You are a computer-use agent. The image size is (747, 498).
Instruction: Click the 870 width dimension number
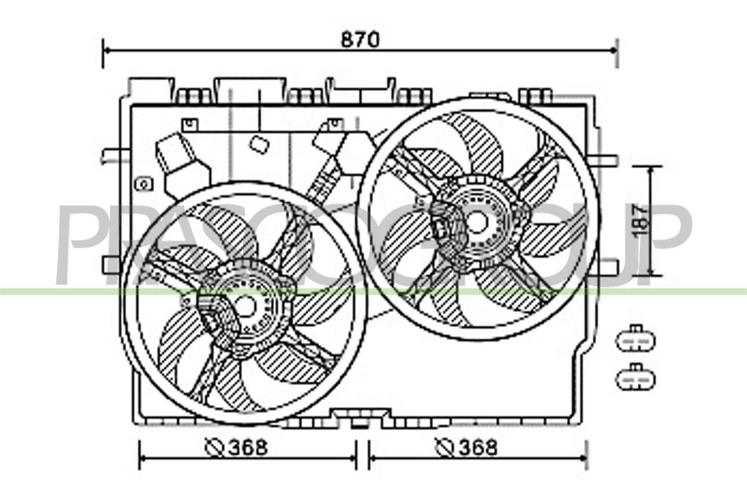click(x=360, y=40)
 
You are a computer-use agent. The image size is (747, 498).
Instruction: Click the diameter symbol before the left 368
click(x=215, y=448)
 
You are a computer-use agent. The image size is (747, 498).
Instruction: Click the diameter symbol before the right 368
click(x=444, y=448)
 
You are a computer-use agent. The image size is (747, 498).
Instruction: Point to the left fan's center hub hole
click(x=245, y=306)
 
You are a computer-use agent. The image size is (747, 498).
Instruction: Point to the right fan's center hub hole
click(x=477, y=222)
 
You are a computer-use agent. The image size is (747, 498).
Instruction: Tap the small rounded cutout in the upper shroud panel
click(x=259, y=144)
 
